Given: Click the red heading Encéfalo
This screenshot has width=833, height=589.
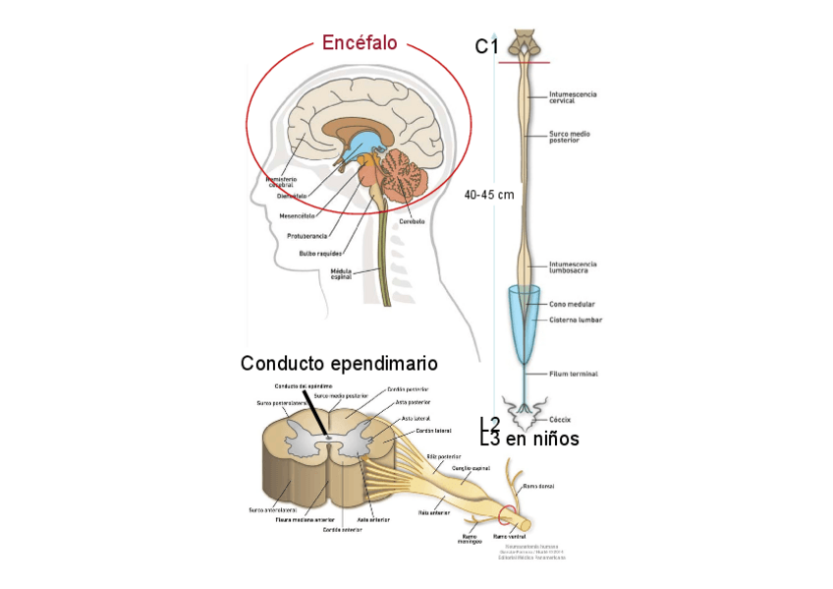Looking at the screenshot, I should click(360, 43).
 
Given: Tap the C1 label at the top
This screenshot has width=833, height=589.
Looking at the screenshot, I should click(487, 46).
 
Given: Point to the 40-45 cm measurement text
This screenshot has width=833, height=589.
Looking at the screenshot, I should click(489, 195).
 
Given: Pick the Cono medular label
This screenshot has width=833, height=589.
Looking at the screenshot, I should click(572, 304).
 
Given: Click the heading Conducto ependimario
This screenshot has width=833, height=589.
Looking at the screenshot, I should click(339, 364).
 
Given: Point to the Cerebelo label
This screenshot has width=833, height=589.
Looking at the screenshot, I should click(412, 221).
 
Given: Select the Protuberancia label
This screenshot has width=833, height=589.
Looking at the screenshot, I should click(305, 236).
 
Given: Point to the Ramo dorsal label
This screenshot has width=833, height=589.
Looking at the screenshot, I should click(538, 486).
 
